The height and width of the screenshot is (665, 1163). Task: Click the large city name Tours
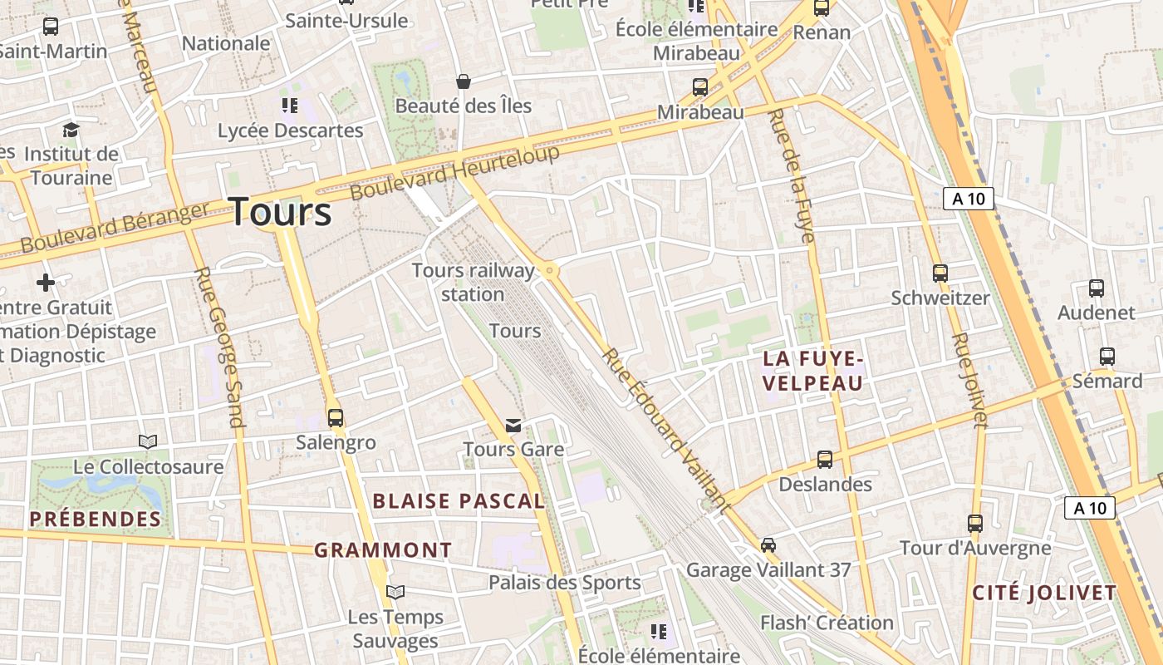click(x=280, y=212)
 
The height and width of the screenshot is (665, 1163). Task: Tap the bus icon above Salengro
click(x=336, y=417)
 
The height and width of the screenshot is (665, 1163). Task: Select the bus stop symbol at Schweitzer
click(x=940, y=273)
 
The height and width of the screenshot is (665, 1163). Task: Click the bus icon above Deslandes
click(x=825, y=459)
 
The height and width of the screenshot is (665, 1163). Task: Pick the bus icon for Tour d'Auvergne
click(x=975, y=524)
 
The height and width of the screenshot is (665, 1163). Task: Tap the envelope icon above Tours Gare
click(x=514, y=426)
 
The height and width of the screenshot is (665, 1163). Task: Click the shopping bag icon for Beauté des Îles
click(x=464, y=81)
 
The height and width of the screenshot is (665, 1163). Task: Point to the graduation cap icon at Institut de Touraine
click(x=71, y=130)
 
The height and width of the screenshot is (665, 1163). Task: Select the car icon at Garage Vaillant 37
click(x=768, y=545)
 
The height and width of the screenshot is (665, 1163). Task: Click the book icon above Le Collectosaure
click(x=148, y=441)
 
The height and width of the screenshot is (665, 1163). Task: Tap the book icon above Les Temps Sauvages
click(x=395, y=592)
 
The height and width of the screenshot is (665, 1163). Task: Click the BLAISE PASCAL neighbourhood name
click(x=459, y=500)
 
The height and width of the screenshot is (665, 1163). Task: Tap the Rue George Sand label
click(x=219, y=346)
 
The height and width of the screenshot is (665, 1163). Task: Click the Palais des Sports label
click(x=564, y=583)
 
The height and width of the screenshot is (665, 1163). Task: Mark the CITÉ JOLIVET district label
click(x=1044, y=593)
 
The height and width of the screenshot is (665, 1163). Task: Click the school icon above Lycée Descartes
click(x=290, y=106)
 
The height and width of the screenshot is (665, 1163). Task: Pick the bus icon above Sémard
click(x=1107, y=357)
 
